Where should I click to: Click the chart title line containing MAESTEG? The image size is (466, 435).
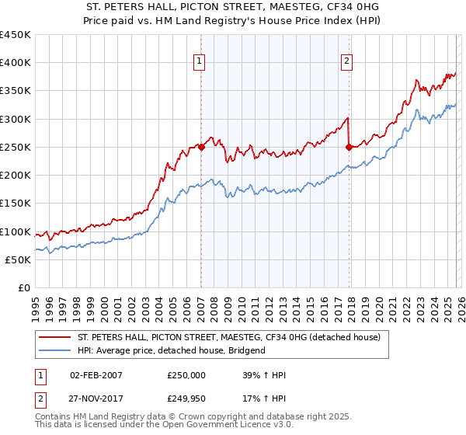coord(232,8)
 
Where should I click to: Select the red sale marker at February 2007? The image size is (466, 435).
coord(201,147)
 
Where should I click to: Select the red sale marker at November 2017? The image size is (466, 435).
coord(349,147)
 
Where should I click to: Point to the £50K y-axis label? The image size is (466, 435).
coord(18,260)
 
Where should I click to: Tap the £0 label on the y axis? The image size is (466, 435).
coord(24,288)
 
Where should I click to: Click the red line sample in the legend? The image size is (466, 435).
coord(54,338)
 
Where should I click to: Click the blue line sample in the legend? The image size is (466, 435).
coord(54,350)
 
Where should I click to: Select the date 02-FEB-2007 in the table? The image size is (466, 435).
coord(96,375)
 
